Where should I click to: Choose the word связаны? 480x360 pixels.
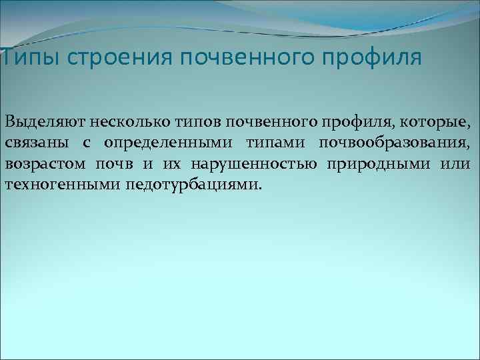[x=31, y=143]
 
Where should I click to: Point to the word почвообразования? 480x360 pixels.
[x=395, y=143]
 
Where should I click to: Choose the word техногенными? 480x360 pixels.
[x=61, y=184]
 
